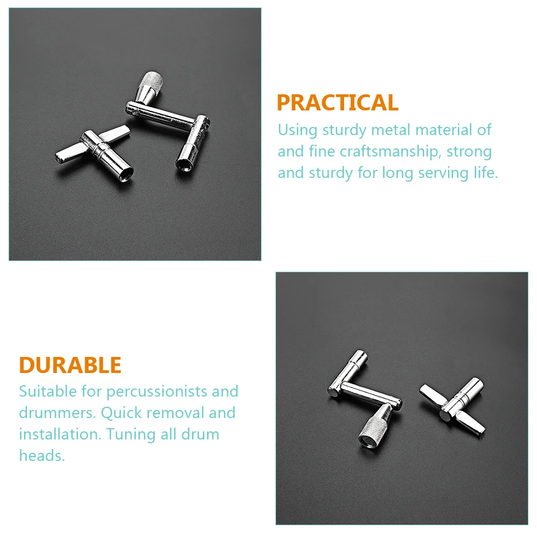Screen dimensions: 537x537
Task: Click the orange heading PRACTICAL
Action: coord(338,102)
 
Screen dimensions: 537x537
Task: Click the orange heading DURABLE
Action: coord(70,365)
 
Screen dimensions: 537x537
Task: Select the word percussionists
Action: coord(157,392)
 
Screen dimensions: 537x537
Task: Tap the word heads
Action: coord(42,456)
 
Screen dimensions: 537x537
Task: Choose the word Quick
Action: coord(121,413)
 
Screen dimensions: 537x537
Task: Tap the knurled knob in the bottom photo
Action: coord(374,425)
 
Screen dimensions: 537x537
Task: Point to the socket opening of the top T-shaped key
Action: coord(126,172)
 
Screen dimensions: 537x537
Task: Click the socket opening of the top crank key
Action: coord(183,164)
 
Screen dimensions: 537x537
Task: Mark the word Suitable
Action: coord(48,391)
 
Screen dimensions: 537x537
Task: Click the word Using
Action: coord(297,131)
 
